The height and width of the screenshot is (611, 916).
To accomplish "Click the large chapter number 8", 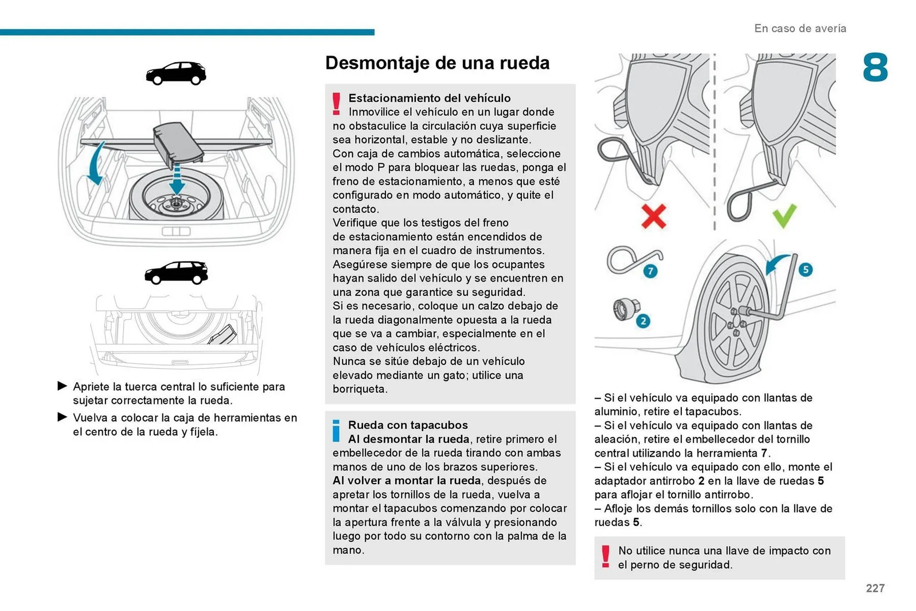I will coord(875,68).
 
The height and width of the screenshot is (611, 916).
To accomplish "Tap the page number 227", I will coord(875,588).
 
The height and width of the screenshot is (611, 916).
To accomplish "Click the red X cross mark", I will coord(653,217).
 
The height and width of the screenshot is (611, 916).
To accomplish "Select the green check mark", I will coord(784,216).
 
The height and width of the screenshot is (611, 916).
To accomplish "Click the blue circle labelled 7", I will coord(650,271).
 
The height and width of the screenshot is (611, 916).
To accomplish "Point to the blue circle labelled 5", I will coord(805,269).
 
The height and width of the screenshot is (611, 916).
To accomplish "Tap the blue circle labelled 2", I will coord(643,321).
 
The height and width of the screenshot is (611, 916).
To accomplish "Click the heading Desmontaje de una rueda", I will coord(437,63).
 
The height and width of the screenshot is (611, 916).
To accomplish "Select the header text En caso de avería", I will coord(800,29).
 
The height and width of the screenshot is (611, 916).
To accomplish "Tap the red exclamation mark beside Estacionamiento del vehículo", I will coord(336,104).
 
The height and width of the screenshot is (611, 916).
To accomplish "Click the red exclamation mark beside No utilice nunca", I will coord(605,557).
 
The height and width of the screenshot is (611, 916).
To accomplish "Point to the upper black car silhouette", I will coord(176,73).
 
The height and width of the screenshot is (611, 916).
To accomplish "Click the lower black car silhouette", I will coord(176,273).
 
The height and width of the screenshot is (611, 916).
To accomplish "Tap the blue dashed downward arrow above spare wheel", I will coord(177,179).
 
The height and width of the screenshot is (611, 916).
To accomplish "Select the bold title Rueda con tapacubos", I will coord(408,425).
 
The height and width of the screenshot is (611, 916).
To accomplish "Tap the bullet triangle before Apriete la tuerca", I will coord(62,386).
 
